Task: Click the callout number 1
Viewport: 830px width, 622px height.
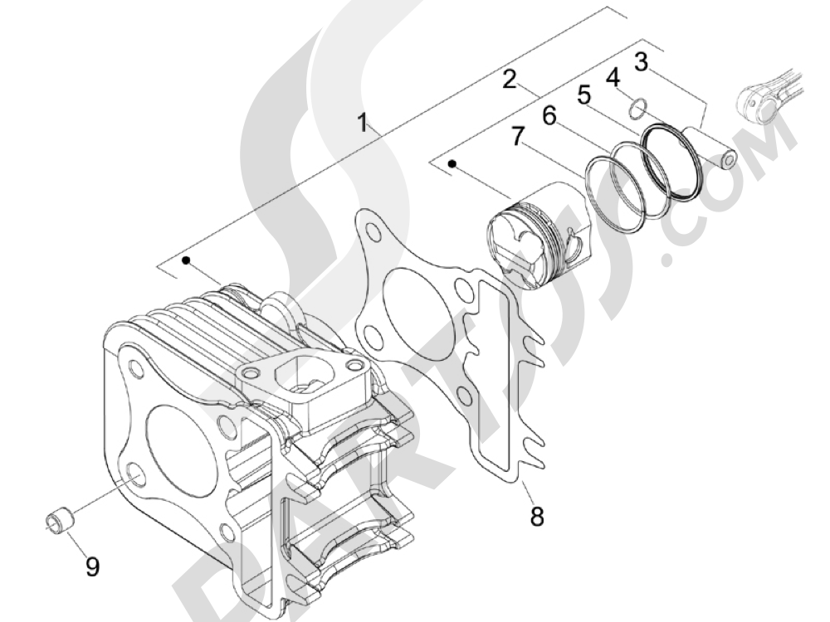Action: click(363, 123)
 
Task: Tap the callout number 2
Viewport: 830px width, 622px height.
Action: click(510, 80)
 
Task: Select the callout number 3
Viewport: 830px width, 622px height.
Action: click(641, 62)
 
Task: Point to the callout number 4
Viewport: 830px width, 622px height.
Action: click(613, 78)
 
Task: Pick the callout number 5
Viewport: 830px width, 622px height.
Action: click(584, 95)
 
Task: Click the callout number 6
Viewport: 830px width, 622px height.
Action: click(549, 115)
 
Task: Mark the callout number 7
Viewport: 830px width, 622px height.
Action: click(517, 136)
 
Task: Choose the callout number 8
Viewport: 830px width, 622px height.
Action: click(537, 516)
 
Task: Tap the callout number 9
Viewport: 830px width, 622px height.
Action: click(92, 567)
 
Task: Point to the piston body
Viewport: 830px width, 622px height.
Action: click(537, 236)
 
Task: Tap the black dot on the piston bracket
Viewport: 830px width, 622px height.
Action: click(452, 163)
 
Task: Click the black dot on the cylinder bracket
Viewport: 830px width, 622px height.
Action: click(186, 260)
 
